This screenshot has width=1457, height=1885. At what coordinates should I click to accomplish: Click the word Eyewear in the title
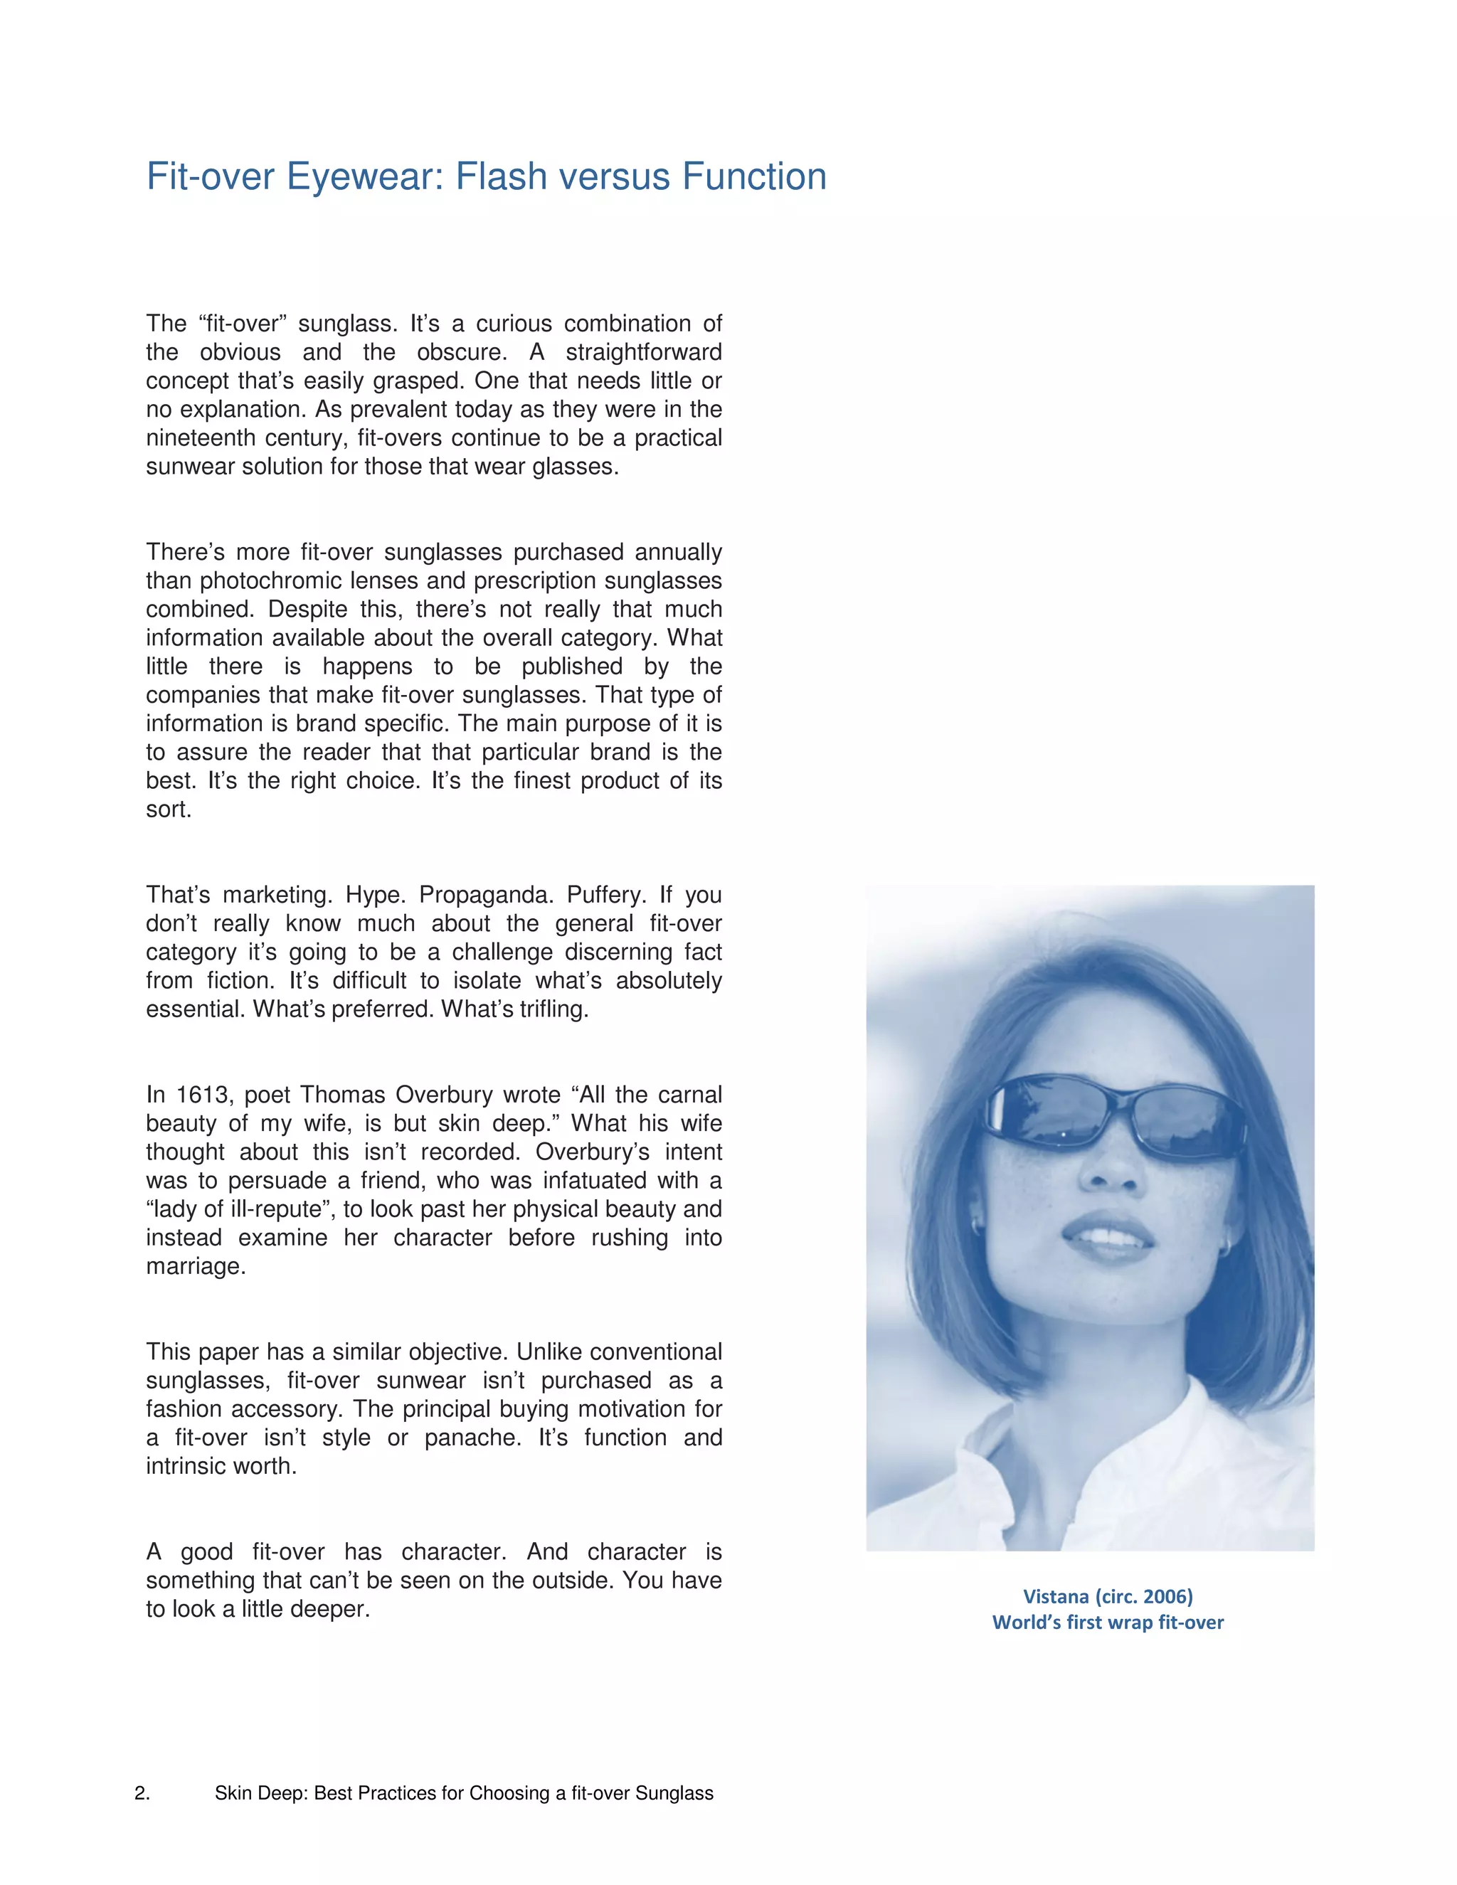click(x=364, y=178)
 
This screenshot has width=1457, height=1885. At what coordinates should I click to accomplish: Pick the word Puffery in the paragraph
click(x=606, y=895)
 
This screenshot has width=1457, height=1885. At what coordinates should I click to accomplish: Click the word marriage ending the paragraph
click(x=195, y=1267)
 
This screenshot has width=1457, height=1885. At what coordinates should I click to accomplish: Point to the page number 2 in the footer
click(x=141, y=1793)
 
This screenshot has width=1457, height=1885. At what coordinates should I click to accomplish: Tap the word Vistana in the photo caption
click(x=1055, y=1597)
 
